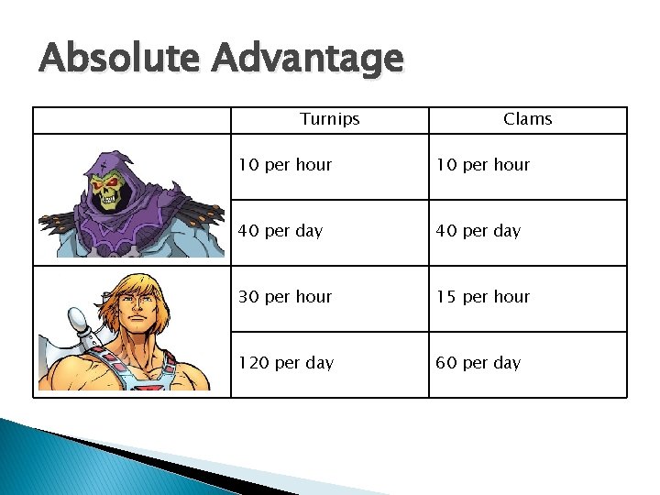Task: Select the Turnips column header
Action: pyautogui.click(x=330, y=119)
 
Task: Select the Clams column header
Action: pyautogui.click(x=528, y=119)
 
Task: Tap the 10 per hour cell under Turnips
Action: pyautogui.click(x=285, y=165)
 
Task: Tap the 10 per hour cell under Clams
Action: pyautogui.click(x=483, y=165)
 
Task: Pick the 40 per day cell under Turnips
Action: pyautogui.click(x=280, y=231)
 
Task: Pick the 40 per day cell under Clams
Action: pyautogui.click(x=478, y=231)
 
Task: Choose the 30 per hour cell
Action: pyautogui.click(x=285, y=297)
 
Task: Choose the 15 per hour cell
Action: pyautogui.click(x=483, y=297)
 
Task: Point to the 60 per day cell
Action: pyautogui.click(x=478, y=363)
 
